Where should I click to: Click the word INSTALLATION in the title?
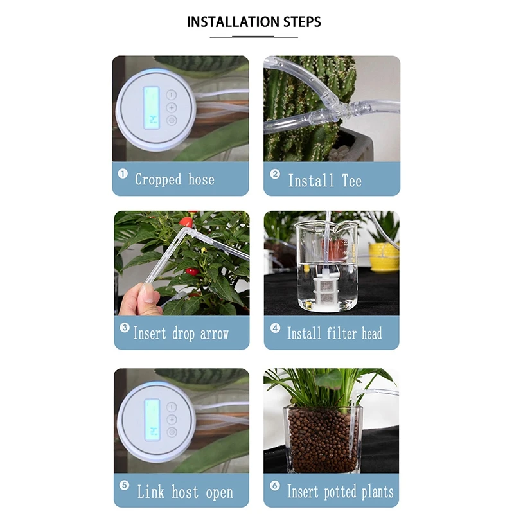[233, 22]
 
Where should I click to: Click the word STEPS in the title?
[302, 22]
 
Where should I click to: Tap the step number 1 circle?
[123, 173]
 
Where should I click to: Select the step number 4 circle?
[275, 328]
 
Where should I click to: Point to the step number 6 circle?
[275, 485]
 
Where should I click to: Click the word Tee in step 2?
[351, 181]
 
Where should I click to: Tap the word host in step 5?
[185, 492]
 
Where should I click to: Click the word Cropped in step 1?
[158, 180]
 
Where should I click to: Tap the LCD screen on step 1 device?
[152, 108]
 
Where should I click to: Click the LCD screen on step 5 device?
[152, 420]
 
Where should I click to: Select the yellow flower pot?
[384, 257]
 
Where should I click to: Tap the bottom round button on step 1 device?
[172, 120]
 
